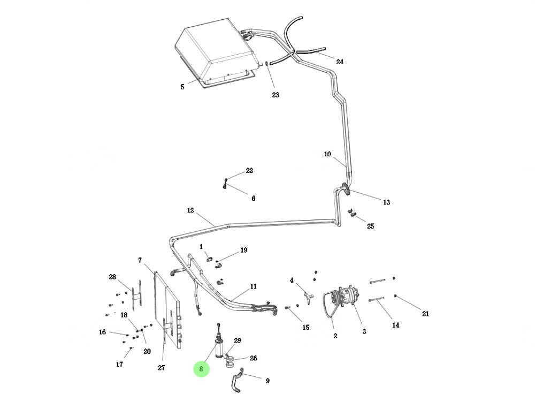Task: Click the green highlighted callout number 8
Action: click(x=201, y=369)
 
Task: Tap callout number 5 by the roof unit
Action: click(x=182, y=87)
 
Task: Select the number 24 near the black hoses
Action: click(x=339, y=62)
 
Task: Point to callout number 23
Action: click(x=275, y=95)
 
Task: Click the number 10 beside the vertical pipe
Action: click(x=327, y=154)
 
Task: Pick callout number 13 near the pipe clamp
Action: click(x=386, y=202)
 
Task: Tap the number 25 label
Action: click(x=370, y=226)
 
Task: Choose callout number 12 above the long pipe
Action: click(x=190, y=210)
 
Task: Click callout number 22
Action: click(x=249, y=171)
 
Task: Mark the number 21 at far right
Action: click(x=425, y=314)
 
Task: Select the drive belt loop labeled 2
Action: click(x=327, y=308)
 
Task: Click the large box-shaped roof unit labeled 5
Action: click(x=214, y=51)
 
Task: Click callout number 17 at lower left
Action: click(x=119, y=364)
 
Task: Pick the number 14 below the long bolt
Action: click(x=395, y=325)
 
